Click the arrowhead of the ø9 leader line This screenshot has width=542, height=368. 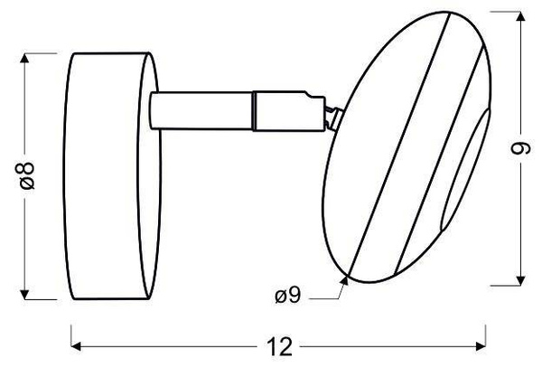click(x=346, y=279)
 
